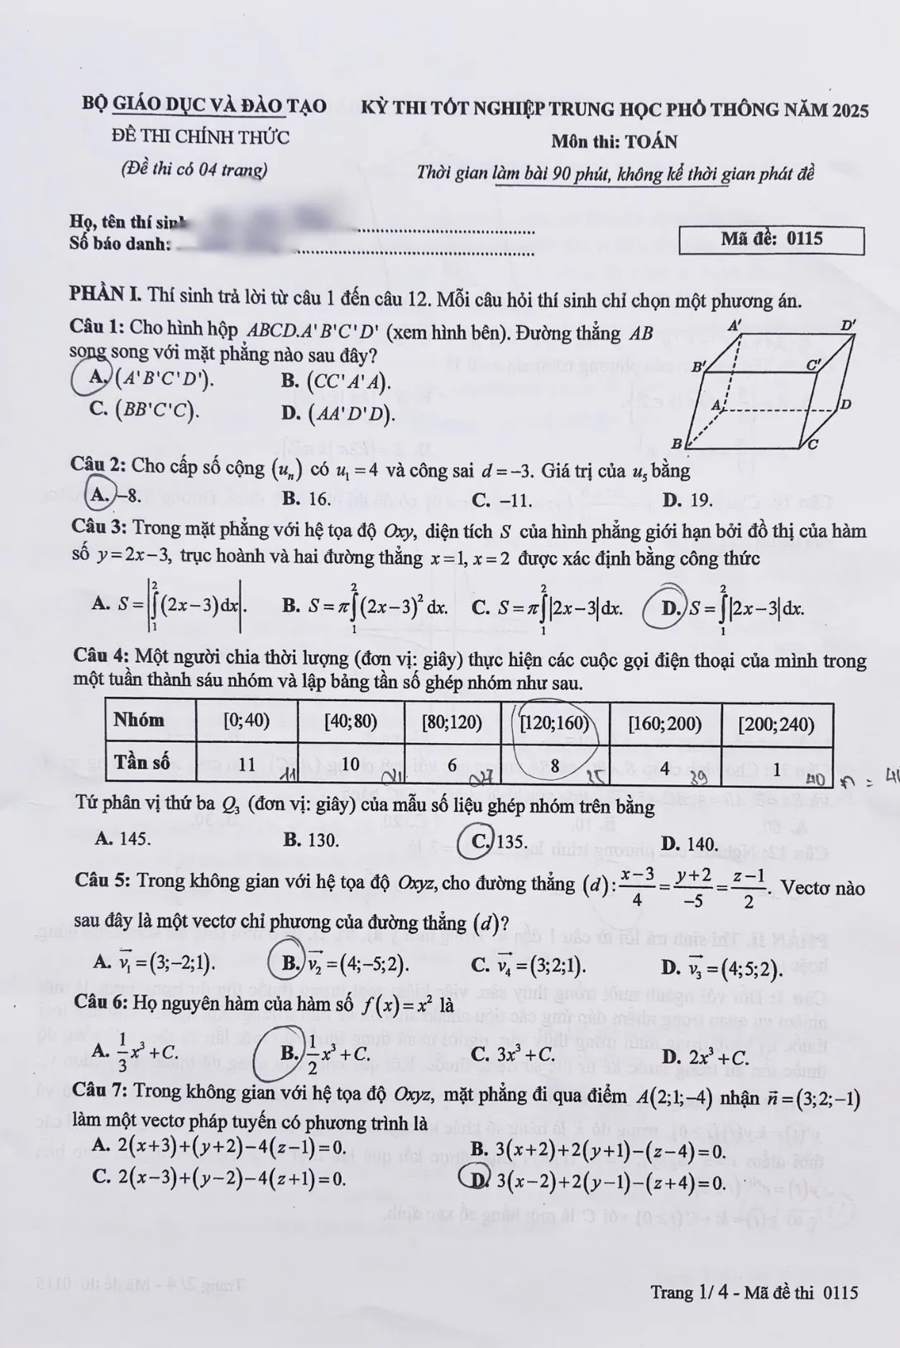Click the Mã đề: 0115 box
click(771, 239)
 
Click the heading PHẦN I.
click(105, 295)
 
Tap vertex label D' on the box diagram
click(848, 326)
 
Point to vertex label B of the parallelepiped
click(676, 444)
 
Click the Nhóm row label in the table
click(139, 720)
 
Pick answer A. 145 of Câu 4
click(122, 839)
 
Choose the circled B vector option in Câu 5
click(289, 962)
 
